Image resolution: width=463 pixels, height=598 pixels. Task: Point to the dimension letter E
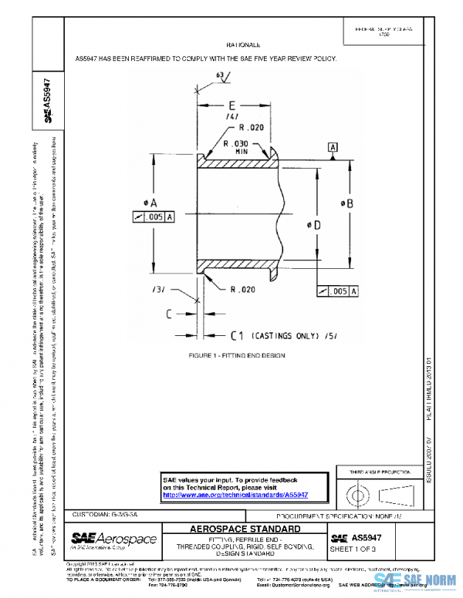pos(231,105)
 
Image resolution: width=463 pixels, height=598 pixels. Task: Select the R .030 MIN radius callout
pos(235,146)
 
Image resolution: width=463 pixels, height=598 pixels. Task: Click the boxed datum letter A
pos(333,146)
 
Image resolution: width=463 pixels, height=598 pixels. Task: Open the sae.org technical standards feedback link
pos(235,495)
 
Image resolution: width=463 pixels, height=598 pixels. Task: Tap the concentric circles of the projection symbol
pos(360,492)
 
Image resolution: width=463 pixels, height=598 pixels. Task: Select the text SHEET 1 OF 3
pos(352,549)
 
